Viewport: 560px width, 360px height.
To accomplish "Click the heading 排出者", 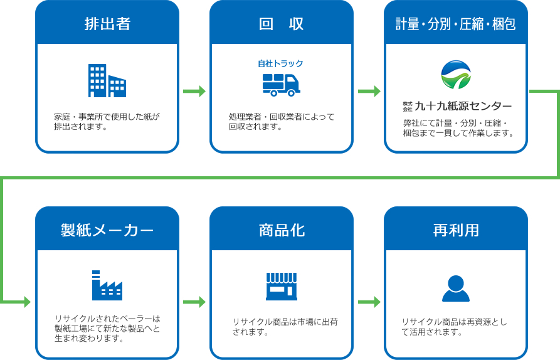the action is tap(107, 24).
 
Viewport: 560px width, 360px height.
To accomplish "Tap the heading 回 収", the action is tap(282, 24).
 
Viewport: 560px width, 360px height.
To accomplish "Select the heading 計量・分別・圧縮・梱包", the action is tap(456, 24).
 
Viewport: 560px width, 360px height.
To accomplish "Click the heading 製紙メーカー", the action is tap(107, 230).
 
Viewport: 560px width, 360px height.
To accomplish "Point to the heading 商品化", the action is tap(282, 230).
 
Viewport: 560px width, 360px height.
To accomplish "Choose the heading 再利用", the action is tap(456, 230).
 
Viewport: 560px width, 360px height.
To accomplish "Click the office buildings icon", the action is tap(107, 81).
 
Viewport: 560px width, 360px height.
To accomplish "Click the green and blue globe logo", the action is tap(456, 75).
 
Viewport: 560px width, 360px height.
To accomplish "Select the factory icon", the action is tap(107, 285).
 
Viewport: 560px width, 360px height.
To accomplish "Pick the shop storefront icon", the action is tap(282, 287).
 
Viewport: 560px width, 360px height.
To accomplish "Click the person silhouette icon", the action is tap(456, 289).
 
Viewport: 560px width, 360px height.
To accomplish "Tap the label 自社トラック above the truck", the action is tap(281, 63).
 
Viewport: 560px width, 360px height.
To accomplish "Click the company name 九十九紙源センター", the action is tap(463, 106).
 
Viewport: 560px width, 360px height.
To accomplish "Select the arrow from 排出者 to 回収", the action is tap(194, 92).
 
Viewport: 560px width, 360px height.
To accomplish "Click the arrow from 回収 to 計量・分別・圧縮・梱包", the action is tap(369, 92).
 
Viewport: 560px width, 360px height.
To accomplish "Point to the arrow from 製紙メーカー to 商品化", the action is tap(194, 302).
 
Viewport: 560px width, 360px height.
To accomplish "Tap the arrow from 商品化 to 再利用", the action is tap(369, 302).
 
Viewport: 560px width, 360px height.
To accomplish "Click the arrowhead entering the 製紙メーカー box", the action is tap(27, 302).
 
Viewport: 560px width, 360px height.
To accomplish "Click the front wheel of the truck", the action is tap(292, 93).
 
